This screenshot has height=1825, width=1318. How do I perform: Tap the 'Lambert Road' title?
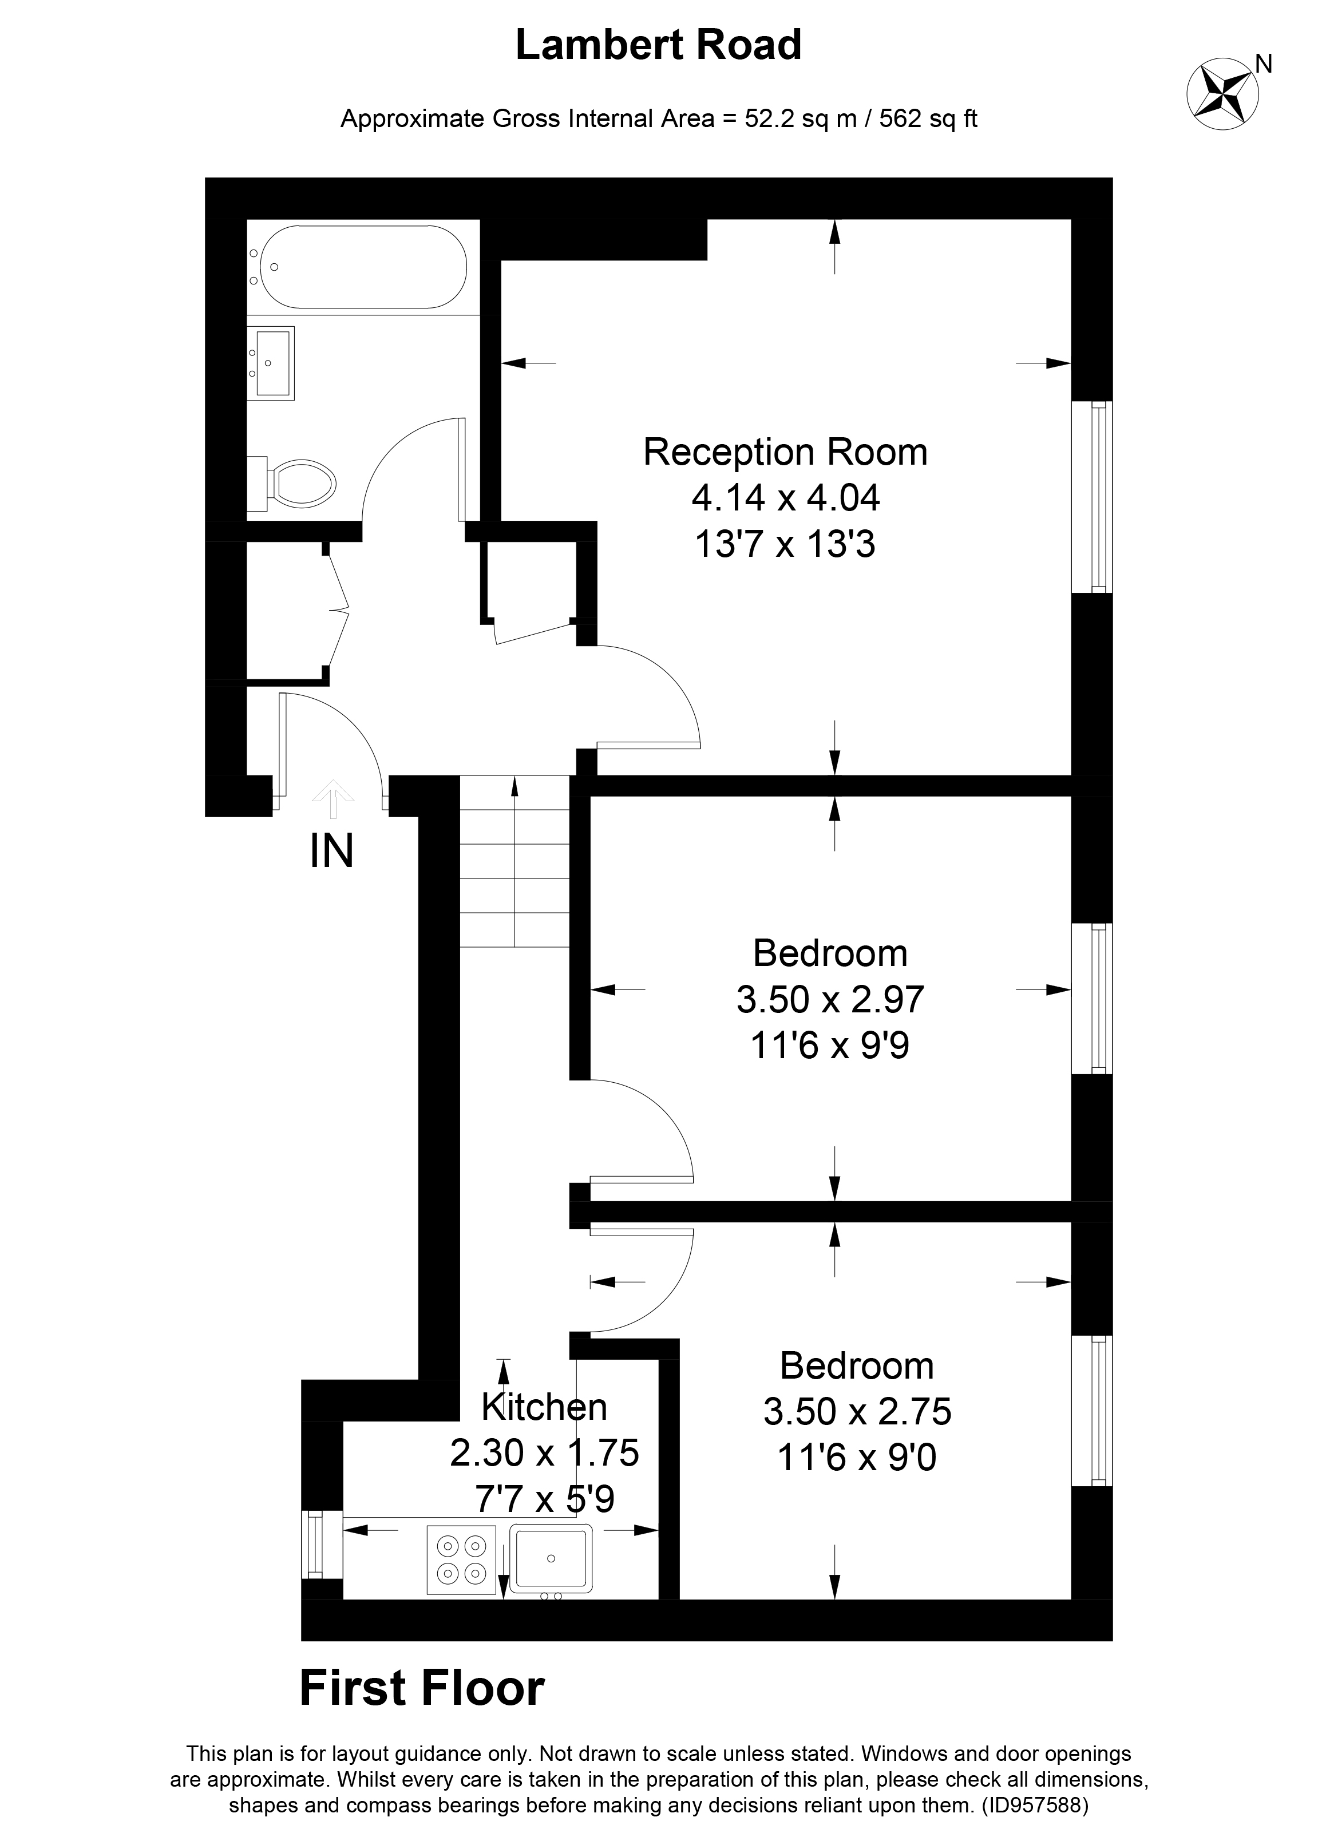[658, 45]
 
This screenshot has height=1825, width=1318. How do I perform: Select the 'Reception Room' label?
[785, 452]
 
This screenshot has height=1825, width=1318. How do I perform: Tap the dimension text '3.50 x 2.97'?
[830, 999]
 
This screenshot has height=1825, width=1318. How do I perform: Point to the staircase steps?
[515, 861]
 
